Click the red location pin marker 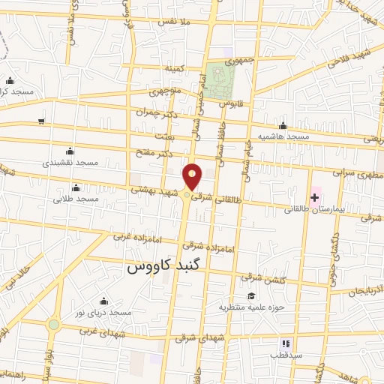(193, 177)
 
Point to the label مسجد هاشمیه (283, 136)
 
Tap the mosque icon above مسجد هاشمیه (283, 125)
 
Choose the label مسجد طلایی (76, 199)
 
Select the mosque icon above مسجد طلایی (76, 187)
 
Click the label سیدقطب (288, 355)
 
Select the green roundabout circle (53, 325)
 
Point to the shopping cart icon (42, 120)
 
